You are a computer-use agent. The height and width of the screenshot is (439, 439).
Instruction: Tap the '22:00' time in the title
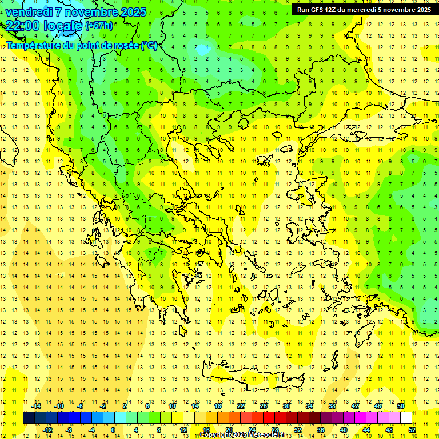[22, 26]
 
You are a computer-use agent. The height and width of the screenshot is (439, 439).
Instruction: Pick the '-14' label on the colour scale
[37, 406]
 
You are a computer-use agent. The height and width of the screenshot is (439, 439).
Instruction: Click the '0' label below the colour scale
[113, 430]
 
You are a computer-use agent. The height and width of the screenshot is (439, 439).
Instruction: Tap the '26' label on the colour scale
[263, 406]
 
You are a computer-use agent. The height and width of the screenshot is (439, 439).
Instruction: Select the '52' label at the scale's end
[412, 430]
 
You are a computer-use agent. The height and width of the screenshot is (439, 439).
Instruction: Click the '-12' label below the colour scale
[48, 430]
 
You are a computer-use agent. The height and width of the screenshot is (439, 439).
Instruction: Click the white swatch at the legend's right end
[406, 418]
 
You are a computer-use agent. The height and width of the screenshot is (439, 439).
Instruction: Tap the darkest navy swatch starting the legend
[29, 418]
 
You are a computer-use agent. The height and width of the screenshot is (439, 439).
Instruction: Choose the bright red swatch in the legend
[269, 418]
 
